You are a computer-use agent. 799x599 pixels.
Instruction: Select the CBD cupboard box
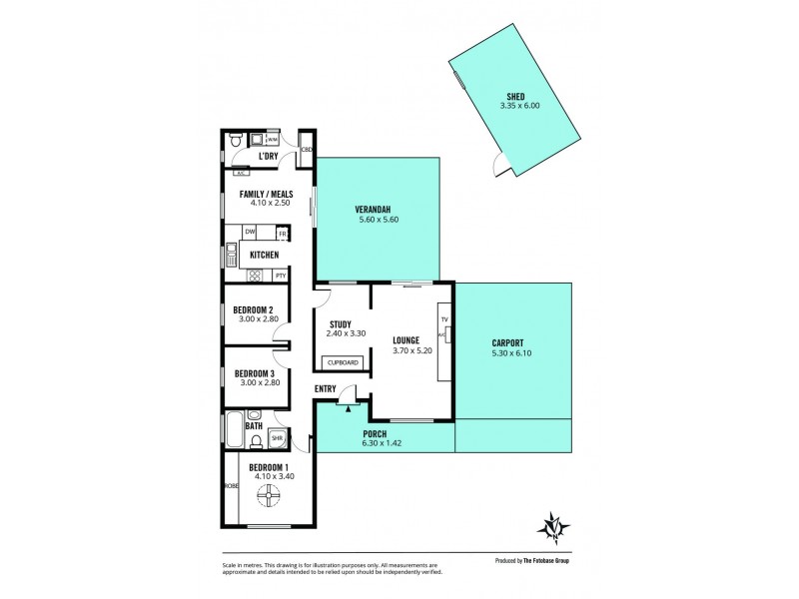(307, 150)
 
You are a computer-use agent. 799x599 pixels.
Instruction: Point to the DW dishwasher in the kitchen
(250, 233)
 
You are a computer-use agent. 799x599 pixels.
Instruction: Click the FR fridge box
(283, 234)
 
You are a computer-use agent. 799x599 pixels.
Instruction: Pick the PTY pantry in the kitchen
(281, 276)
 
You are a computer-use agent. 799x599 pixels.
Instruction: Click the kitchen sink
(231, 256)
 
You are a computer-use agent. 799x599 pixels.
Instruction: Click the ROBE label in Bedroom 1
(232, 486)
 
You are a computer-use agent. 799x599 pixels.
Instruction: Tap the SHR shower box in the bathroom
(277, 436)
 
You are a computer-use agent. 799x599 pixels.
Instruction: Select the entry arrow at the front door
(349, 406)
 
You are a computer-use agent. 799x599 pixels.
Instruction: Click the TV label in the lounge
(445, 318)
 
